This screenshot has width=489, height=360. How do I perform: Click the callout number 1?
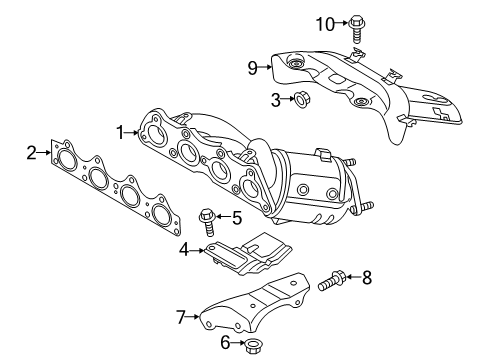click(119, 131)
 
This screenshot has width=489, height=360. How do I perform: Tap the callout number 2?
click(31, 152)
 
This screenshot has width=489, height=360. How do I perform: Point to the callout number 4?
click(184, 249)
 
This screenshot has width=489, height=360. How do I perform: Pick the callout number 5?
click(237, 216)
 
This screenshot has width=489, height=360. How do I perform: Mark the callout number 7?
click(181, 317)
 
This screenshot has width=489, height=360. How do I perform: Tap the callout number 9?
click(254, 68)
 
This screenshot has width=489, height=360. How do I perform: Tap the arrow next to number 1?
click(132, 131)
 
